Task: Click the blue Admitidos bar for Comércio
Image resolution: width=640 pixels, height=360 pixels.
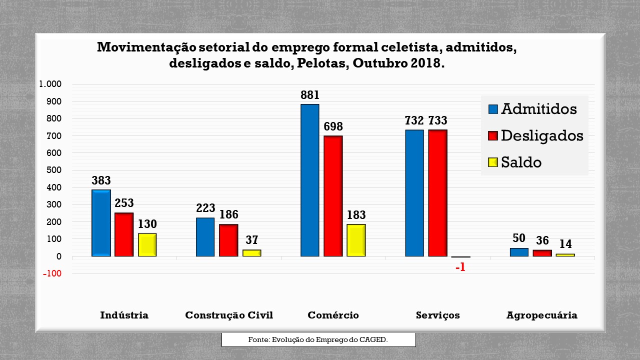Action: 309,180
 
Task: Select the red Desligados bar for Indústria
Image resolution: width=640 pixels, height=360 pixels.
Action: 124,234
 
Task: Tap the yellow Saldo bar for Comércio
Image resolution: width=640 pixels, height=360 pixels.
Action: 356,240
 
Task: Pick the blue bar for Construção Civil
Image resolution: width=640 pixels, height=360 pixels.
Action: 205,237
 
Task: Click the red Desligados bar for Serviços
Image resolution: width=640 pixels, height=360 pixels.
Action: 437,193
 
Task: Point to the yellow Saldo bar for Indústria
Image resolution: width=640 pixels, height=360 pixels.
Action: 147,245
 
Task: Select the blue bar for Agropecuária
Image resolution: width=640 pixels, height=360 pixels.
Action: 519,252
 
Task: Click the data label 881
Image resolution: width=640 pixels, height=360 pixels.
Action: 309,95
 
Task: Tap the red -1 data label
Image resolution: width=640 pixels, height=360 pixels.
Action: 460,267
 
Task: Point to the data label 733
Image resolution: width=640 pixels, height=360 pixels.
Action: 437,120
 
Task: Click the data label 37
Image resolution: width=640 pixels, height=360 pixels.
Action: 251,240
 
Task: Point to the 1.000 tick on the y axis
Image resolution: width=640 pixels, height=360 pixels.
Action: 50,84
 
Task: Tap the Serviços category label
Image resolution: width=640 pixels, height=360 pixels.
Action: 437,315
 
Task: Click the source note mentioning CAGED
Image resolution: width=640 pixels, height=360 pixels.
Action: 318,339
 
